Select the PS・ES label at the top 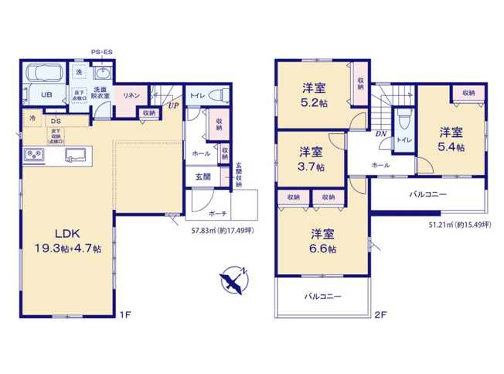coord(102,52)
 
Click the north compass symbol coord(233,281)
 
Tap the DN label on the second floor coord(380,133)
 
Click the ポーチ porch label coord(217,213)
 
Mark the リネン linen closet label coord(131,94)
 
